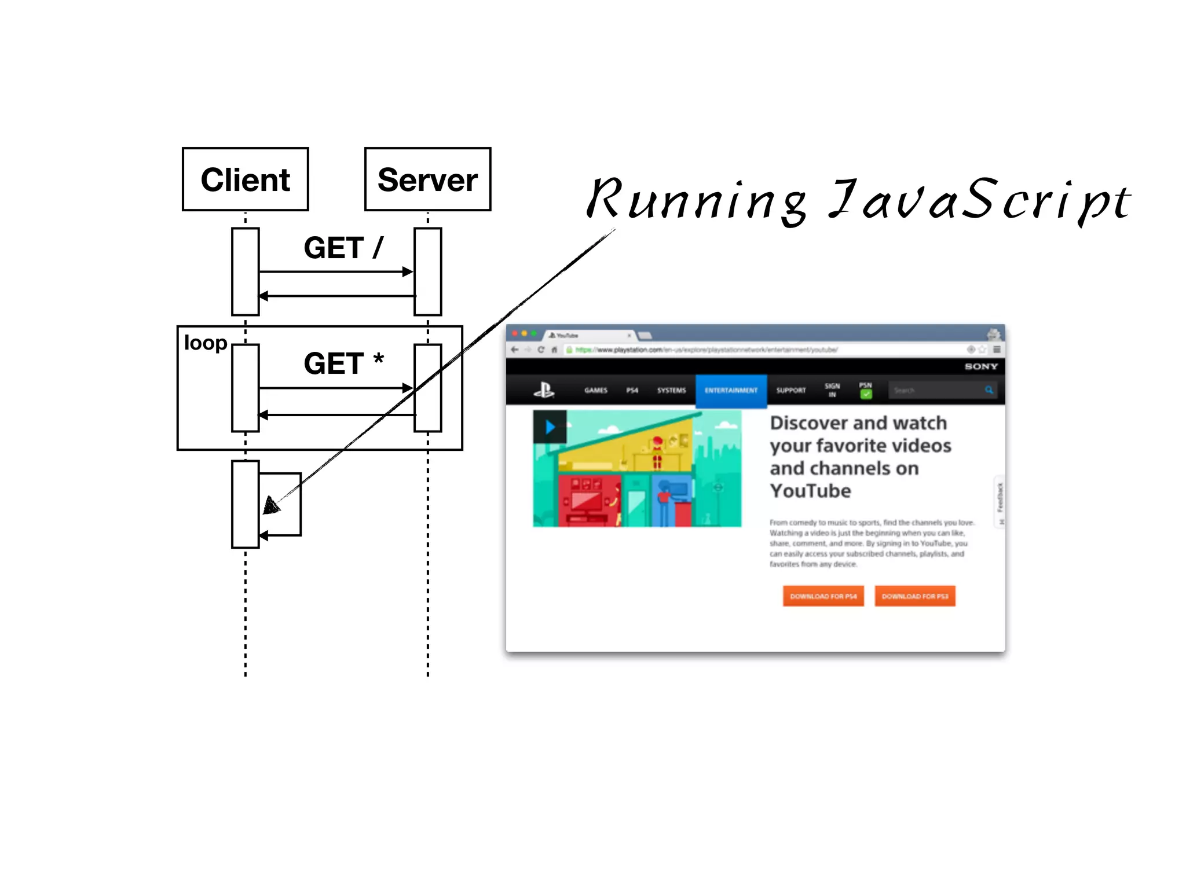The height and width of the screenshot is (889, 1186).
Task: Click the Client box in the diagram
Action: click(x=245, y=179)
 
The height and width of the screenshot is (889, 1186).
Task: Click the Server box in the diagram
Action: click(x=427, y=179)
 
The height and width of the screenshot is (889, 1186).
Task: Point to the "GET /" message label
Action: click(x=343, y=248)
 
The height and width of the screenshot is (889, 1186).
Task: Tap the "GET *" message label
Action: click(x=343, y=363)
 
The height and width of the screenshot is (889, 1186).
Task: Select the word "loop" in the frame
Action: click(x=205, y=343)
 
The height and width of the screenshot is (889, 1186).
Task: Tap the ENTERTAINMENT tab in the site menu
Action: click(x=731, y=391)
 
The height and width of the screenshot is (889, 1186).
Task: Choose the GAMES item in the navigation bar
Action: click(x=595, y=391)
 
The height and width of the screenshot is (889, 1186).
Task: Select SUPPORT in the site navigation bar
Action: click(x=790, y=391)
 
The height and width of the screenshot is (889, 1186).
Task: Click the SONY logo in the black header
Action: click(x=981, y=366)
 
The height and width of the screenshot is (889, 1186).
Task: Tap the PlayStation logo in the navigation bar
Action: click(x=544, y=391)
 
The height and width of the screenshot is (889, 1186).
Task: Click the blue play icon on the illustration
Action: click(x=550, y=427)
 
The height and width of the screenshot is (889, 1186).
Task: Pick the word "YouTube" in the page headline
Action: click(x=810, y=491)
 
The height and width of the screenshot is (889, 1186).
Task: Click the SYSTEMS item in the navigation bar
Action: click(x=671, y=391)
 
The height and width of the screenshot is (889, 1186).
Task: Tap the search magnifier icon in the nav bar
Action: click(x=989, y=390)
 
